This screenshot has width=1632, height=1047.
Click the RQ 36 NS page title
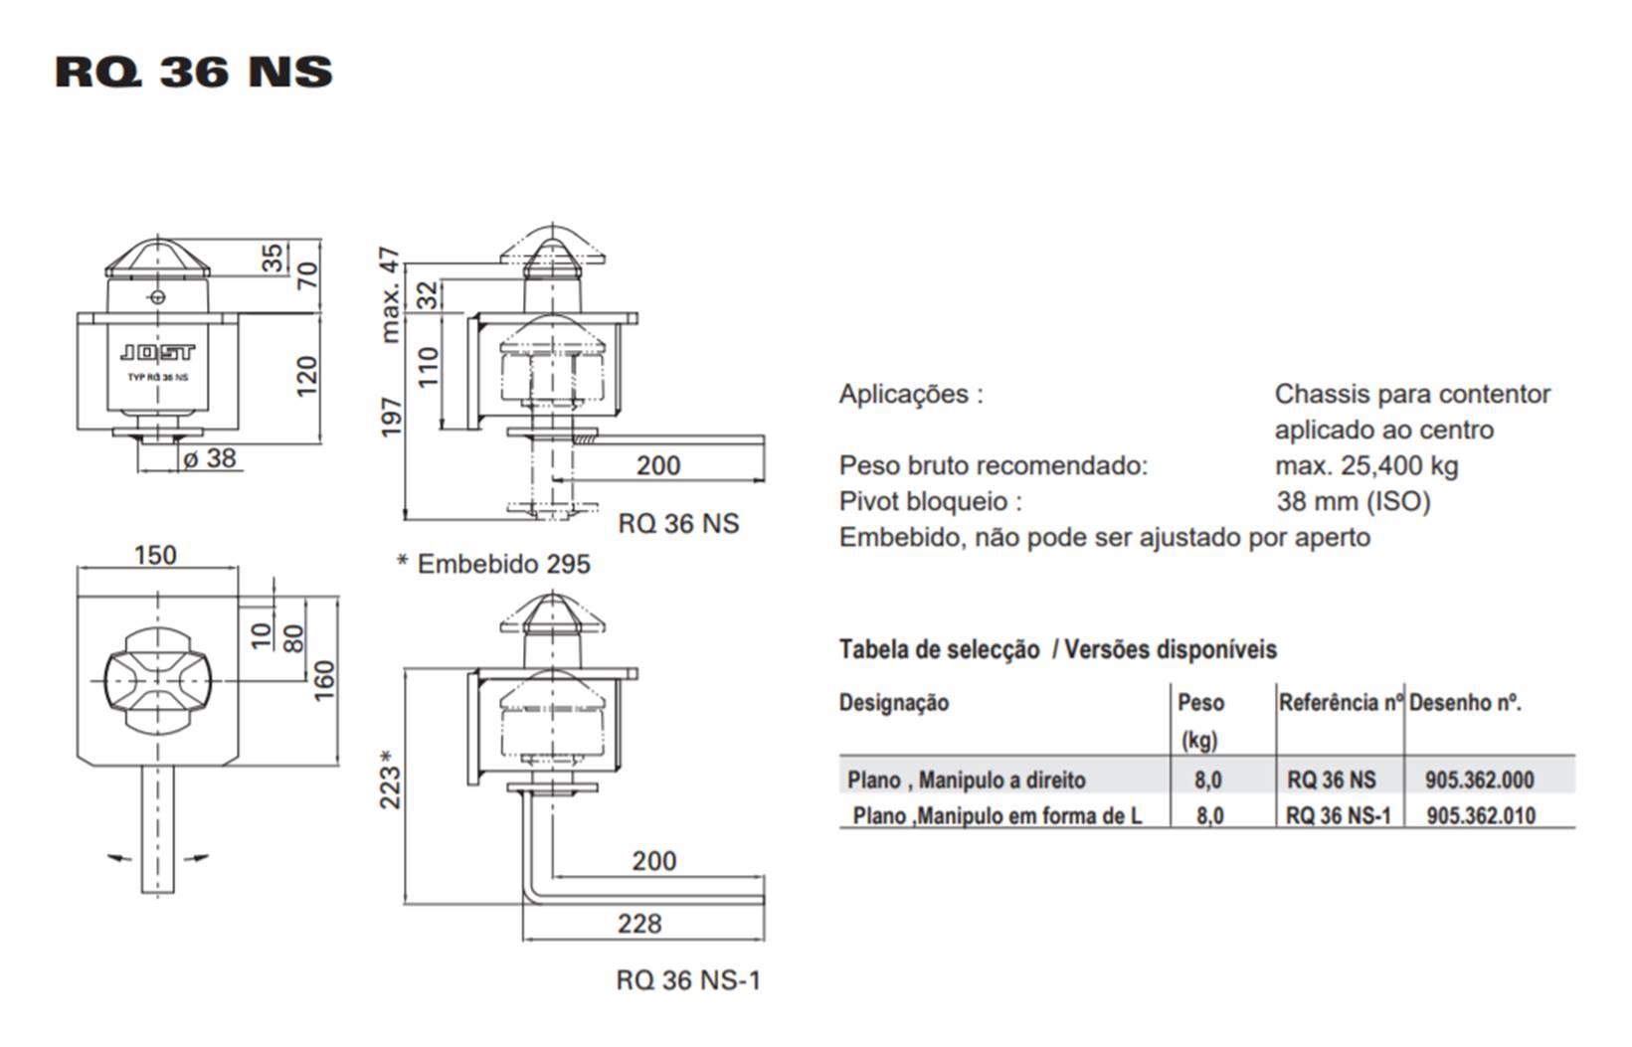(x=194, y=73)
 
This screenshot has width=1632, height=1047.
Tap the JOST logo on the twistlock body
(x=157, y=353)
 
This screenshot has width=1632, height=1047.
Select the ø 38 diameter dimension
(x=210, y=458)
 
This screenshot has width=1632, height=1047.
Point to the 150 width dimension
(x=155, y=555)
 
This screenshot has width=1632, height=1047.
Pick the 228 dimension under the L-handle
(x=639, y=924)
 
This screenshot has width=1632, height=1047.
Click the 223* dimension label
(x=391, y=779)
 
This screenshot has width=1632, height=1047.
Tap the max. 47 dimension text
(x=391, y=295)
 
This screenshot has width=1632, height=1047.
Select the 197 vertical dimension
(x=392, y=418)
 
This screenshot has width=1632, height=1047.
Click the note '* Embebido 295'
(x=493, y=564)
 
